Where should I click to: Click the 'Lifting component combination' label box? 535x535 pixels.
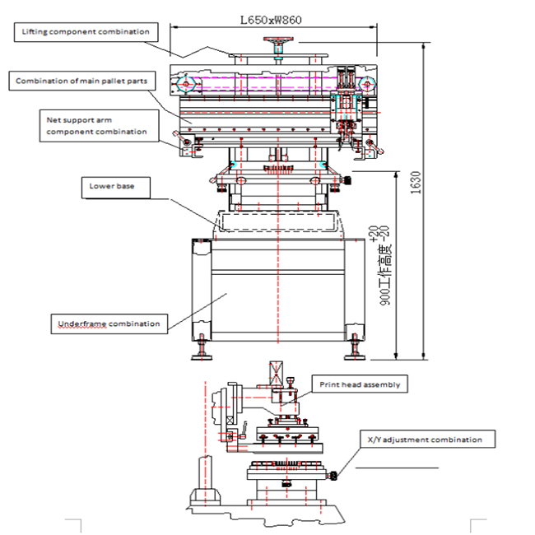coord(85,32)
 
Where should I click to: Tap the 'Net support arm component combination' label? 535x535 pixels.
coord(96,125)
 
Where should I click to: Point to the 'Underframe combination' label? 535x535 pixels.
coord(109,323)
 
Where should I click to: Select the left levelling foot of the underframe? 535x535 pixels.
coord(202,347)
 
